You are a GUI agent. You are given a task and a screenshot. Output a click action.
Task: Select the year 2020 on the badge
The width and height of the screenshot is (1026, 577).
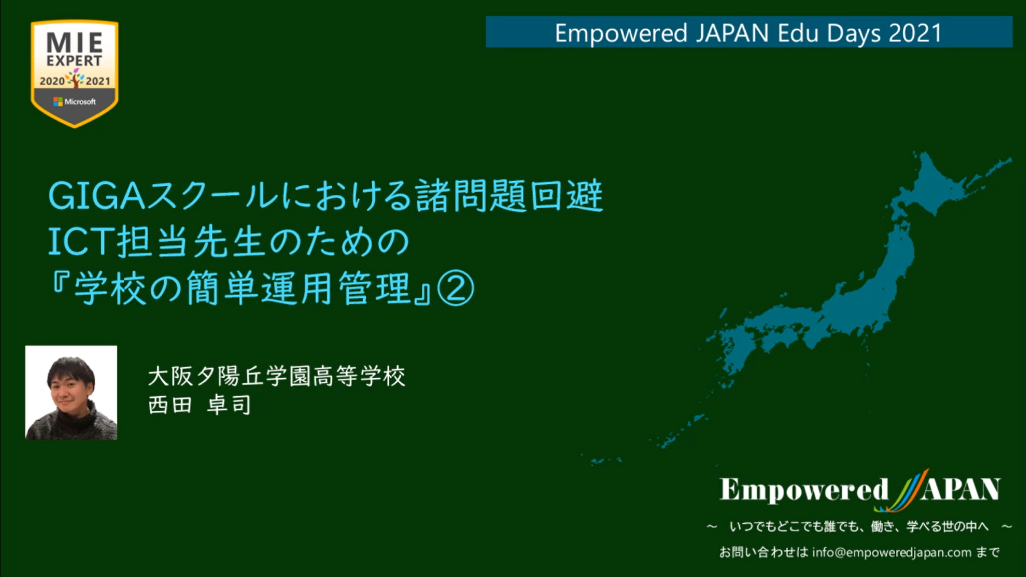(52, 81)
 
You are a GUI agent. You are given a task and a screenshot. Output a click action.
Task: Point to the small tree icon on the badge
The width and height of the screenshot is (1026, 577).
(75, 78)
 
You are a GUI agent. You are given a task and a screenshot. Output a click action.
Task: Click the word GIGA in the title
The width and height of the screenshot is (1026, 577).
(97, 196)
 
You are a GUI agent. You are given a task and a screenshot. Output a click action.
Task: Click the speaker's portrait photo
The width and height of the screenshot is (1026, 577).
(71, 393)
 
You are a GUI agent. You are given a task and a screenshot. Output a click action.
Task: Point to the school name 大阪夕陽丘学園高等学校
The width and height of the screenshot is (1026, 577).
(277, 376)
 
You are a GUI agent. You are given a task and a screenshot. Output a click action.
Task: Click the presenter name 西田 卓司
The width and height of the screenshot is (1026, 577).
(199, 405)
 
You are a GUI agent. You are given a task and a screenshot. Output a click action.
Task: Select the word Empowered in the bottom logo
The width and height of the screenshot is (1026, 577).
(804, 490)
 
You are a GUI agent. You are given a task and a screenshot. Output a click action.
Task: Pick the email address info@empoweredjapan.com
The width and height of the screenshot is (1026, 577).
(892, 552)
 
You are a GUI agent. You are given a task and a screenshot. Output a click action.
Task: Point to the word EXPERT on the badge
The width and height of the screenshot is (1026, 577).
(75, 61)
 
